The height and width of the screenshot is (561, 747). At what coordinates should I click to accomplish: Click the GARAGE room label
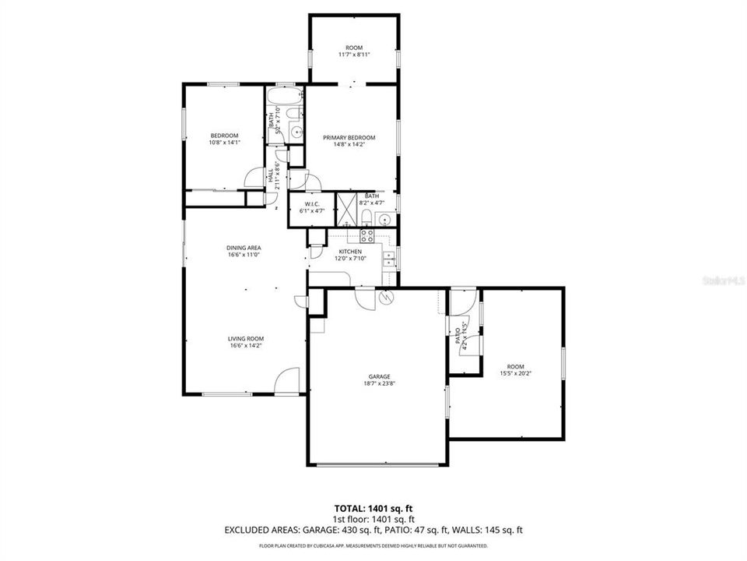click(x=379, y=376)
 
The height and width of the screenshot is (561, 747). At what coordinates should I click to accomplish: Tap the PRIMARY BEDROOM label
click(x=349, y=138)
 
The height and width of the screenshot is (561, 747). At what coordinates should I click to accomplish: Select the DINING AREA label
click(x=244, y=247)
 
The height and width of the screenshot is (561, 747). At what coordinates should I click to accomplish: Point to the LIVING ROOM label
click(x=245, y=339)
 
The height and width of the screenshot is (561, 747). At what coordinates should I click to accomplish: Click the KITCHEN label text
click(x=349, y=251)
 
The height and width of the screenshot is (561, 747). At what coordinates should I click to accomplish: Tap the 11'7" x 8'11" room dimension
click(x=354, y=55)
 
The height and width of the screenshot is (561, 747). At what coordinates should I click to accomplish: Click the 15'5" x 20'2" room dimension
click(x=515, y=373)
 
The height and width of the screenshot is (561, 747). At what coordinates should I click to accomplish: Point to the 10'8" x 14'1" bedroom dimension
click(x=224, y=142)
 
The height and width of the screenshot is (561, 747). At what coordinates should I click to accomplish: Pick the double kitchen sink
click(x=388, y=259)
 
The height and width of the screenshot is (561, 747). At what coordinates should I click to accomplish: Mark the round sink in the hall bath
click(x=296, y=132)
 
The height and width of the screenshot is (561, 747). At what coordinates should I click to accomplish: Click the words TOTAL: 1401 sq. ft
click(x=373, y=507)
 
